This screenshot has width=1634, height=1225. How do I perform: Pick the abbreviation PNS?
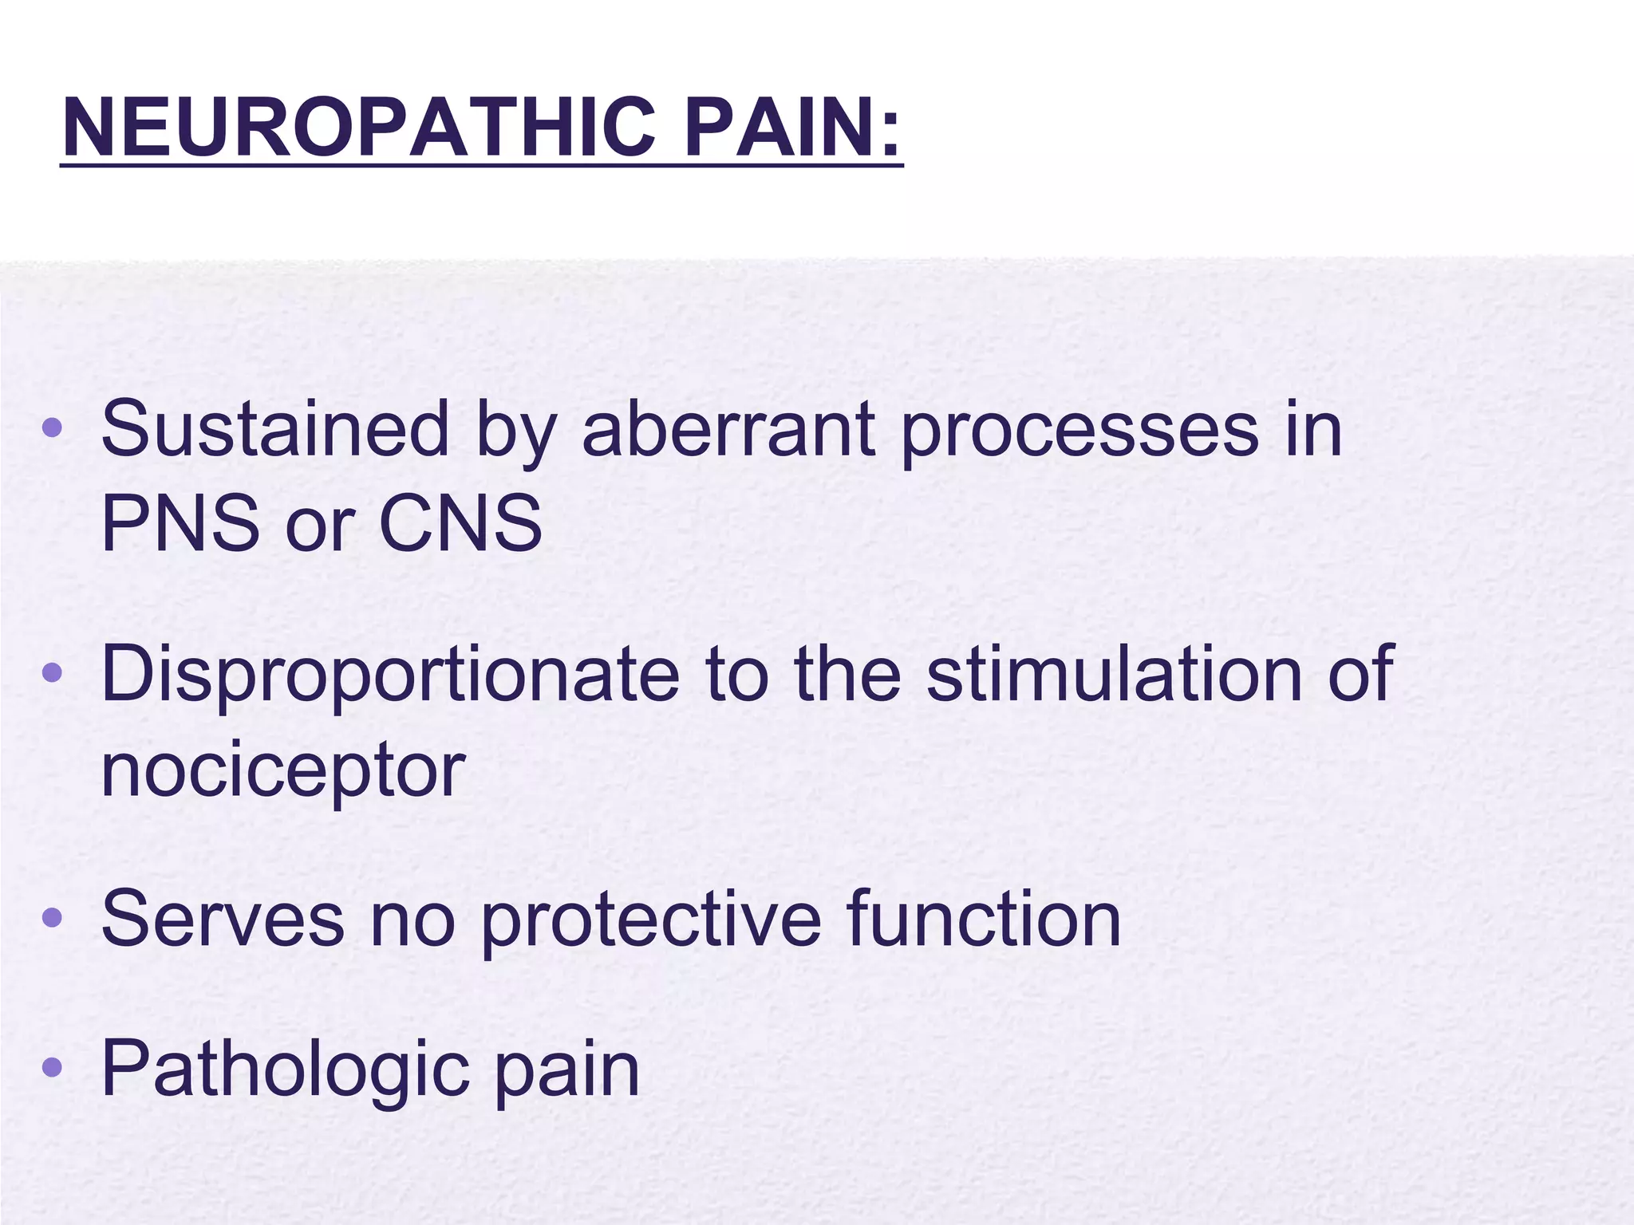point(180,524)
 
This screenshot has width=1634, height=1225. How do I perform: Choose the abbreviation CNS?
point(460,524)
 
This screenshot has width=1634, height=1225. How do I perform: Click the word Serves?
point(223,920)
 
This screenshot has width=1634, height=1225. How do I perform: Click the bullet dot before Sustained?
point(52,428)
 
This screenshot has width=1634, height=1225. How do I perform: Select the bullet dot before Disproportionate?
point(52,673)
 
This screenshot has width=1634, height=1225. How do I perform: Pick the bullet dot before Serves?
point(52,918)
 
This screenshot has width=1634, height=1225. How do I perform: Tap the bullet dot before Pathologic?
point(52,1066)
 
